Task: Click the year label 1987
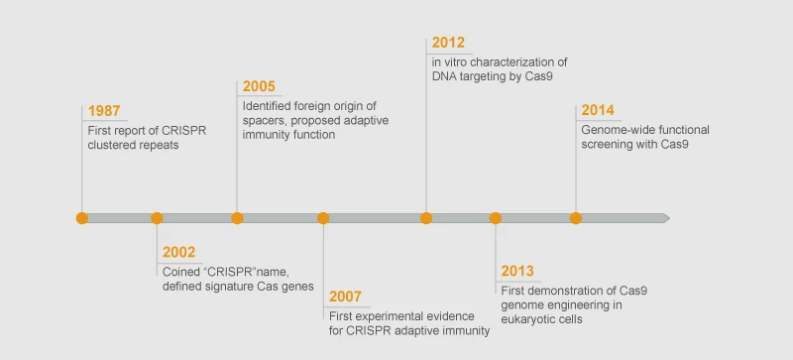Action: (104, 110)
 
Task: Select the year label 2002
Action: (179, 252)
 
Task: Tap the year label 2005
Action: (259, 86)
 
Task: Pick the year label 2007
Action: (346, 297)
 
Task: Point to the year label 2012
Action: (448, 44)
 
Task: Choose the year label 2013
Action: (517, 271)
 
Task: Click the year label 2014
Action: (598, 110)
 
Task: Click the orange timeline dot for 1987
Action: (82, 218)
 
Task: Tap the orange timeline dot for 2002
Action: (157, 218)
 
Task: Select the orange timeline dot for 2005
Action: (237, 218)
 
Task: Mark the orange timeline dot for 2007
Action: (323, 218)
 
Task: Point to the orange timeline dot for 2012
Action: (426, 218)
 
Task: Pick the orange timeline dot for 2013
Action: (496, 218)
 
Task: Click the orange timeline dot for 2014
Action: (576, 218)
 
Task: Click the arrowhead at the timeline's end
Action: (665, 218)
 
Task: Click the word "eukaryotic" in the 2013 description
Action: (528, 319)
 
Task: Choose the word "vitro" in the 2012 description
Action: (459, 61)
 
